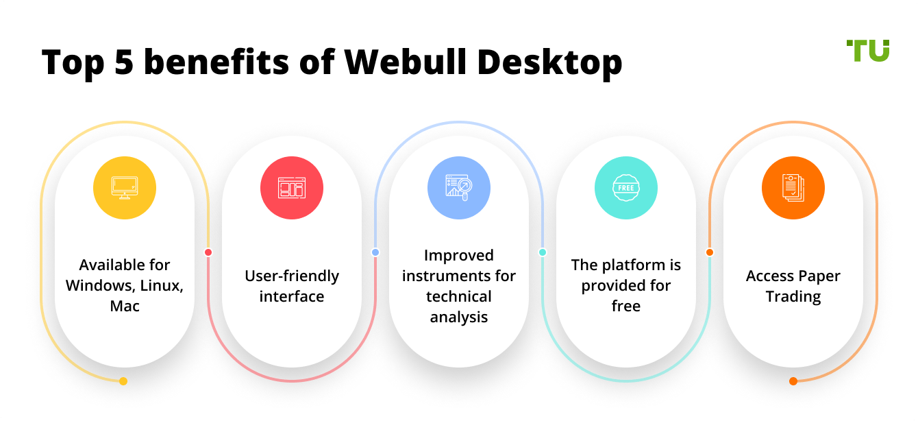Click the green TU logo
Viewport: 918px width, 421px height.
point(867,51)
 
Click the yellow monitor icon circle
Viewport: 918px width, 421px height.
point(125,188)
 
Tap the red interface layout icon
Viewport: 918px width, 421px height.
point(292,188)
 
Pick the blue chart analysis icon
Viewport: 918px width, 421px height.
point(459,188)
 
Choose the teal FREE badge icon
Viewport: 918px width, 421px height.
point(626,188)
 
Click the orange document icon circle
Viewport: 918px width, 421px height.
point(793,188)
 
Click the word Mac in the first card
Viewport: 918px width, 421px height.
point(125,306)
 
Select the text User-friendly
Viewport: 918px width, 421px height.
point(292,276)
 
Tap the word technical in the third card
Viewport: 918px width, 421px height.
point(459,296)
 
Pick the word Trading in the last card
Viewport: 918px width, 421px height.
point(793,296)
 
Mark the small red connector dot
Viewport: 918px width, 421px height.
point(208,252)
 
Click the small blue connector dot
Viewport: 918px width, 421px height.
point(375,252)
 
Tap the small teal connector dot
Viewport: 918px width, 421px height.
point(543,252)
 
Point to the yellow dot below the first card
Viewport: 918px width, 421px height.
point(123,381)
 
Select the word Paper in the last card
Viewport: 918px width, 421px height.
point(820,276)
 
